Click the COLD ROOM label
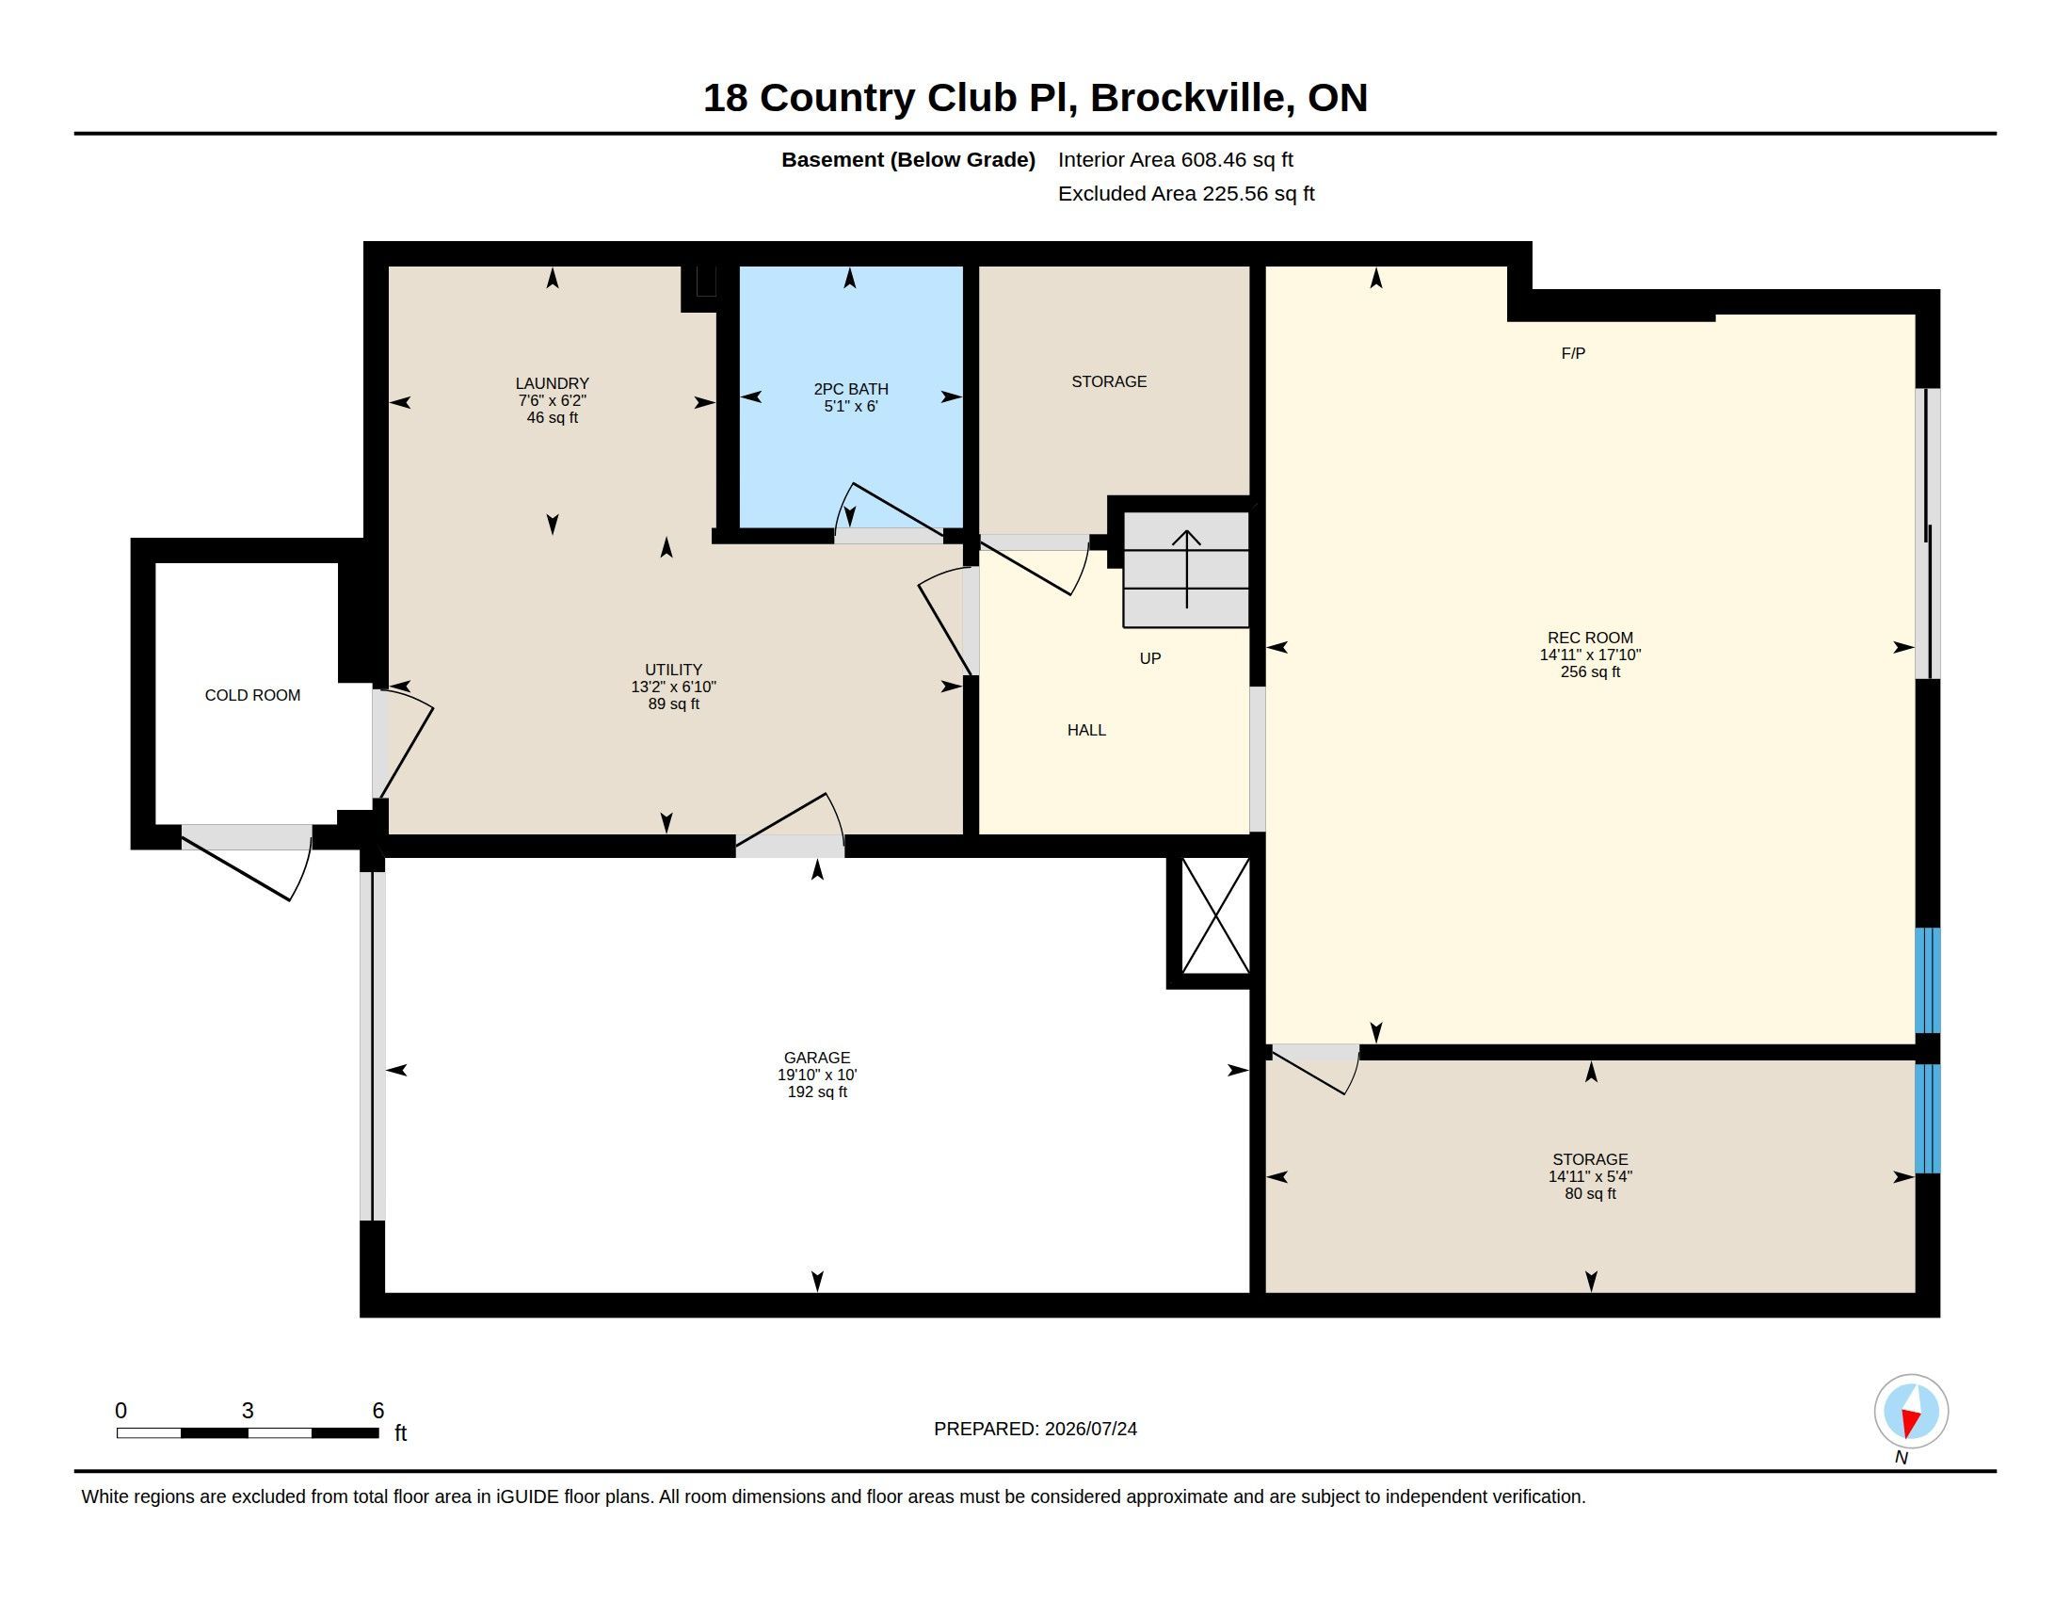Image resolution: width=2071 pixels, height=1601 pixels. (x=252, y=695)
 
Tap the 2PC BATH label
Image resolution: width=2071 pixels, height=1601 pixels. (x=851, y=389)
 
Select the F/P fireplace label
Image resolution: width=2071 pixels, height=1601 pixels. (x=1573, y=353)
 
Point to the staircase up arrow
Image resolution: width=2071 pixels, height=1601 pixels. (x=1186, y=569)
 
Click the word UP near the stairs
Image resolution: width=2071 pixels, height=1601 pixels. (x=1150, y=658)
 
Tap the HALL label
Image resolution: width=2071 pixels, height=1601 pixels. (x=1086, y=730)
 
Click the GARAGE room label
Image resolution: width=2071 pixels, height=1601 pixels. (x=817, y=1058)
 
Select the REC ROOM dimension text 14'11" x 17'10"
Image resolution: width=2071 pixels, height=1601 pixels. (x=1590, y=655)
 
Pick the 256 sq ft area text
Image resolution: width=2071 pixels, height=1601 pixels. (x=1590, y=671)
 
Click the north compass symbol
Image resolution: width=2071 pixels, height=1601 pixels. (x=1911, y=1411)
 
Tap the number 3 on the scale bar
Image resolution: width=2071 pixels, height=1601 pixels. (x=248, y=1411)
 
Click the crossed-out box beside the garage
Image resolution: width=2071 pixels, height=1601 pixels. (x=1215, y=915)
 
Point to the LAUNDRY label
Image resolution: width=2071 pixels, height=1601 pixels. (x=552, y=383)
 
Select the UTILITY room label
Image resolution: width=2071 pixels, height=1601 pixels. (x=673, y=670)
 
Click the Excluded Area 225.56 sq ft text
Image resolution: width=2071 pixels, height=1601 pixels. (x=1186, y=193)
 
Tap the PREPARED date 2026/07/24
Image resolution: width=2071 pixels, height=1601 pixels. (x=1090, y=1429)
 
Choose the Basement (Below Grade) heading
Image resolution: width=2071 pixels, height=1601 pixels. (x=908, y=160)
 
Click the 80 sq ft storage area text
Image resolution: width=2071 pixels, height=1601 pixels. (x=1590, y=1193)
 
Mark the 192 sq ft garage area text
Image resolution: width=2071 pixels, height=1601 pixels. (x=817, y=1092)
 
